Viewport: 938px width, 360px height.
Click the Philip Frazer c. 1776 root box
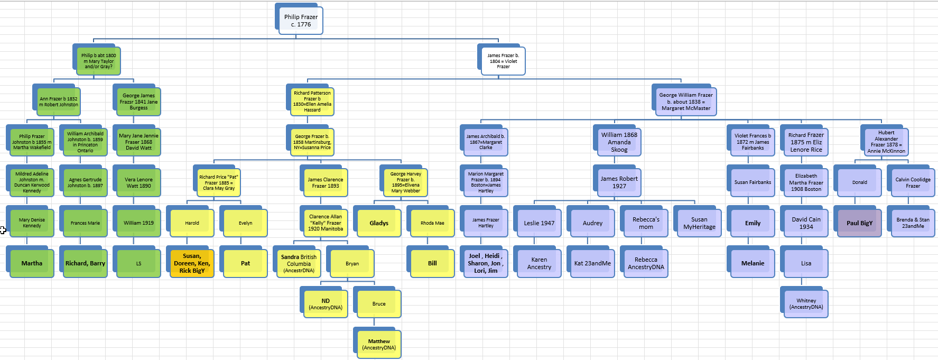pyautogui.click(x=301, y=21)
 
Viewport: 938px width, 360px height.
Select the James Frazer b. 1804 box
pyautogui.click(x=503, y=61)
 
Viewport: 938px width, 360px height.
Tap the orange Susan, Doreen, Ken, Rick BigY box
pyautogui.click(x=192, y=263)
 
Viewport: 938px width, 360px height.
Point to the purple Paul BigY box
pyautogui.click(x=859, y=223)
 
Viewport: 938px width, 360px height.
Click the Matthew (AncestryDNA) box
pyautogui.click(x=379, y=345)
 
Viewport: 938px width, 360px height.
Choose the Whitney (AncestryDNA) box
pyautogui.click(x=806, y=304)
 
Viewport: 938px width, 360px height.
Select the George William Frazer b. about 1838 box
pyautogui.click(x=685, y=101)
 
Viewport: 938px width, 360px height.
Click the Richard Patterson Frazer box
pyautogui.click(x=312, y=101)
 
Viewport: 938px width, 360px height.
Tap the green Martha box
pyautogui.click(x=32, y=263)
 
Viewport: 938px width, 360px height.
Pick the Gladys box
pyautogui.click(x=379, y=223)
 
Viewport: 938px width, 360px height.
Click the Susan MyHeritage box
pyautogui.click(x=699, y=223)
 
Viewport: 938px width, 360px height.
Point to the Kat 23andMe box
pyautogui.click(x=592, y=263)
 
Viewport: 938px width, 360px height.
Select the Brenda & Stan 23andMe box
pyautogui.click(x=913, y=223)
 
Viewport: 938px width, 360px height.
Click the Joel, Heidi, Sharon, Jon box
pyautogui.click(x=486, y=263)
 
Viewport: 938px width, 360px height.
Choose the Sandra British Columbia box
pyautogui.click(x=299, y=263)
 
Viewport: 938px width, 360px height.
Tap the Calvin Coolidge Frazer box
pyautogui.click(x=913, y=183)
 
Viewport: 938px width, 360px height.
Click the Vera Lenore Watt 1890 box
pyautogui.click(x=138, y=183)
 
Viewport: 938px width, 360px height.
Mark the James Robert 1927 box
pyautogui.click(x=619, y=183)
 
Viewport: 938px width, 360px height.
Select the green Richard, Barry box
pyautogui.click(x=85, y=263)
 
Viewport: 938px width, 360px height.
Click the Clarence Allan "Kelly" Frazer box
pyautogui.click(x=326, y=223)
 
